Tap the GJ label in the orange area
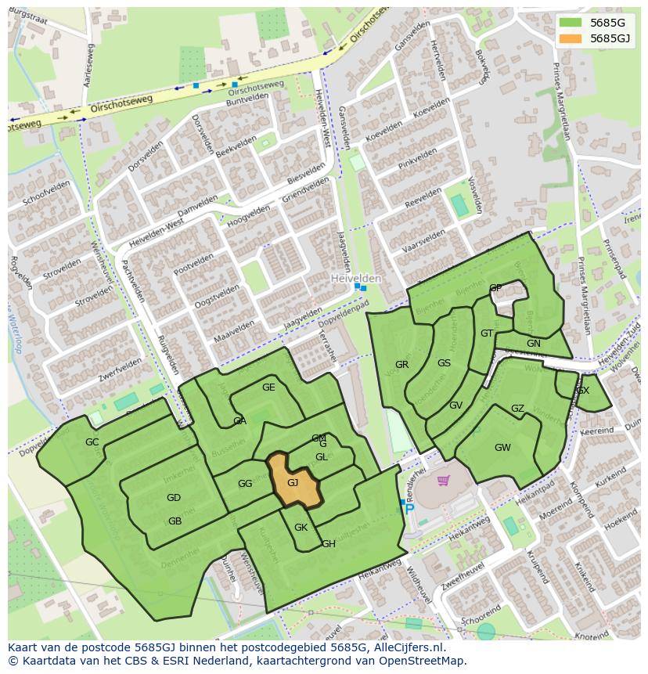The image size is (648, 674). (x=293, y=483)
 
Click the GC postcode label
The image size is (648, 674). (x=92, y=442)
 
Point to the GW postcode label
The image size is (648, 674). (x=502, y=448)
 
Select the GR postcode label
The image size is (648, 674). (x=401, y=365)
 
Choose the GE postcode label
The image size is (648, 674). (x=268, y=387)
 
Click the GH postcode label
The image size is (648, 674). (x=329, y=544)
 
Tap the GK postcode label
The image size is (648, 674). (x=301, y=528)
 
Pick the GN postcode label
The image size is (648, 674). (x=534, y=344)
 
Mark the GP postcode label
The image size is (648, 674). (x=495, y=288)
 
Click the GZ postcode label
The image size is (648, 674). (x=517, y=409)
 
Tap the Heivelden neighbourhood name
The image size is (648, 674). (x=355, y=279)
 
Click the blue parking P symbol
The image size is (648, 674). (x=409, y=509)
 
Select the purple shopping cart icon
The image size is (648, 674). (x=444, y=480)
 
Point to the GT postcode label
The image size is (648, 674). (x=487, y=333)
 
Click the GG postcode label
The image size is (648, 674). (x=245, y=484)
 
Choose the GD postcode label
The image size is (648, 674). (x=174, y=498)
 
